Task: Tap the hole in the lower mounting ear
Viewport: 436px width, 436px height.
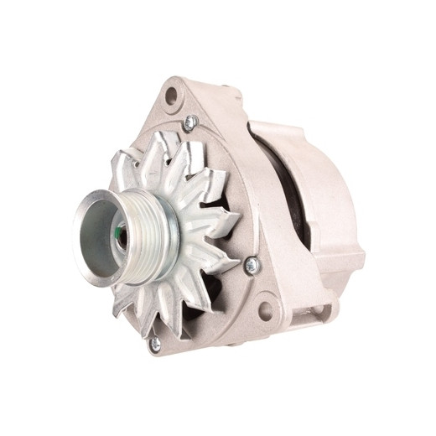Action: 266,311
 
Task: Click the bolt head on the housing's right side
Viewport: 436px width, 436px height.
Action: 252,265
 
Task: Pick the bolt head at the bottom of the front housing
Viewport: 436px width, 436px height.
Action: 153,343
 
